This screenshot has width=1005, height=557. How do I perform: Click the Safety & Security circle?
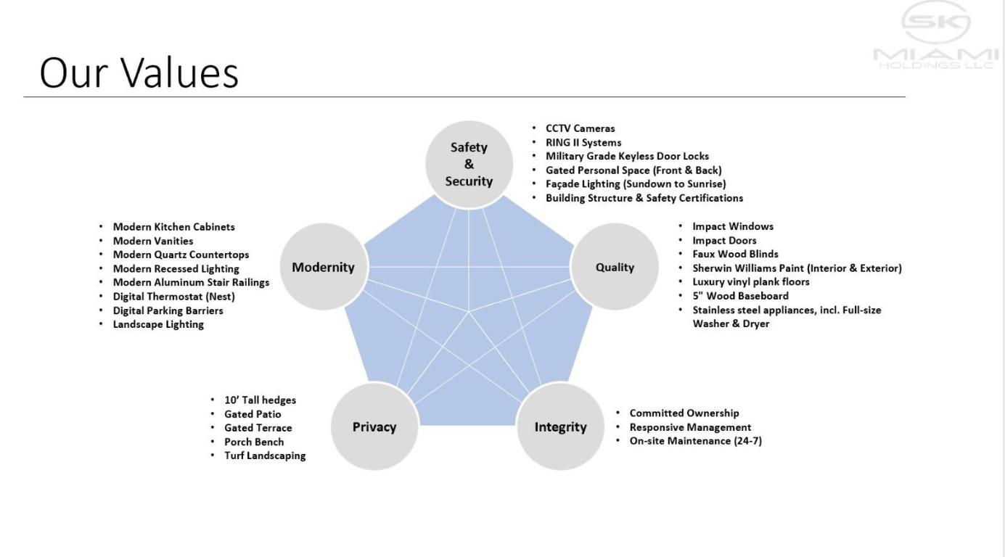click(x=469, y=165)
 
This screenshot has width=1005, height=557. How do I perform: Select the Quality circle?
click(x=615, y=268)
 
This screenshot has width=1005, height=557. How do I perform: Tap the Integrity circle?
click(x=560, y=427)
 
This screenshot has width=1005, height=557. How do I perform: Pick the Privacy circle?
click(x=374, y=427)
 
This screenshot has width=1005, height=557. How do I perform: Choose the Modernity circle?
click(x=323, y=268)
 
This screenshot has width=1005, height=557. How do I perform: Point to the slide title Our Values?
click(x=139, y=73)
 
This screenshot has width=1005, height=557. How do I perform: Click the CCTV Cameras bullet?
click(x=580, y=129)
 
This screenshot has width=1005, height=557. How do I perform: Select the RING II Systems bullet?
click(x=583, y=143)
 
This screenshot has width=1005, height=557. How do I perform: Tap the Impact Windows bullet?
click(x=732, y=226)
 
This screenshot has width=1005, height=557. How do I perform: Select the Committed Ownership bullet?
click(x=684, y=413)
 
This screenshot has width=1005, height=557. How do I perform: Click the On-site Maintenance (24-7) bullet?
click(x=695, y=441)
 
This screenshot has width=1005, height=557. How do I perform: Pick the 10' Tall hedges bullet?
click(x=260, y=400)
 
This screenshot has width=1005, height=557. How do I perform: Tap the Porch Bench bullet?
click(x=254, y=442)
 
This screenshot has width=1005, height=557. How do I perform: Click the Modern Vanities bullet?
click(x=153, y=241)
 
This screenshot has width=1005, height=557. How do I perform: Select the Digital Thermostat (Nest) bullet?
click(x=173, y=297)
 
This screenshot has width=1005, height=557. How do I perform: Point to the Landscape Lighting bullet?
click(x=158, y=324)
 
